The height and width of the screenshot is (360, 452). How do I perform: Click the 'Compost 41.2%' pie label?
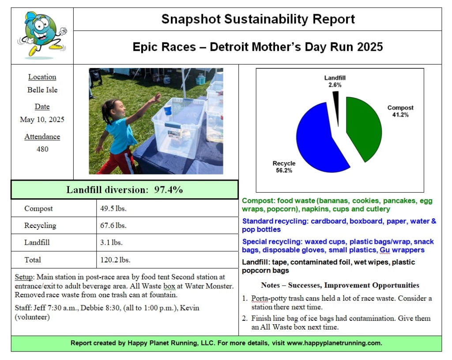400,111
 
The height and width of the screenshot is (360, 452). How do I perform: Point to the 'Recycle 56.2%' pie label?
284,167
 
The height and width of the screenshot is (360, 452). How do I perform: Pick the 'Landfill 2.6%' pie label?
335,81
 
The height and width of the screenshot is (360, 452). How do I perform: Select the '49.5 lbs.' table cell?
113,208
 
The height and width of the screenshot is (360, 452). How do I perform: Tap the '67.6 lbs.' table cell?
113,225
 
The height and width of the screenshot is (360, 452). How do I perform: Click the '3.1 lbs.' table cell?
111,243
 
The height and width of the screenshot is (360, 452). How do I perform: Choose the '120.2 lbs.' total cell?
115,260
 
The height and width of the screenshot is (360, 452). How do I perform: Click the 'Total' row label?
33,260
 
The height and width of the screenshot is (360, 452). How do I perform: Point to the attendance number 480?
42,149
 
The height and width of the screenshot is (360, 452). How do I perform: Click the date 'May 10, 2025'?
42,119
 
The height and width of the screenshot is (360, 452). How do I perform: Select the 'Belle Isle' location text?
42,90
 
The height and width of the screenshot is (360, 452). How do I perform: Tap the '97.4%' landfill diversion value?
168,190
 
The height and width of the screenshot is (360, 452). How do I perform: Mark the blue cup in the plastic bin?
168,110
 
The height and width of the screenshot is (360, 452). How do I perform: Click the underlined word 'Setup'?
23,277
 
